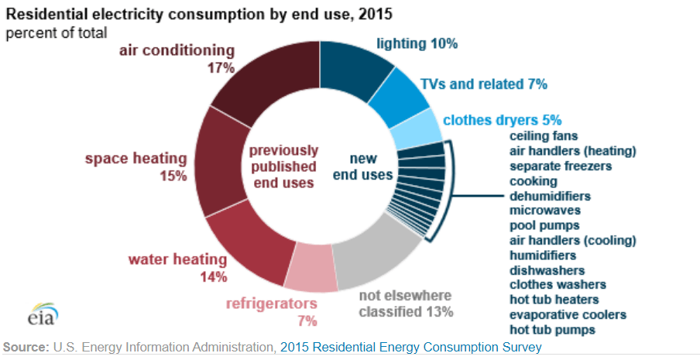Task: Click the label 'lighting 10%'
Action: [x=417, y=44]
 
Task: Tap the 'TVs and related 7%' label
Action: [x=483, y=84]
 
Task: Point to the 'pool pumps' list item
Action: [x=544, y=225]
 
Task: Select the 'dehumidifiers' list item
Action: [x=550, y=196]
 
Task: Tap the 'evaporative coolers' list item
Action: [x=568, y=314]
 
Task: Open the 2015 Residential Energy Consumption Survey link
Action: [x=410, y=348]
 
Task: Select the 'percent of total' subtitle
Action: [x=57, y=33]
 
